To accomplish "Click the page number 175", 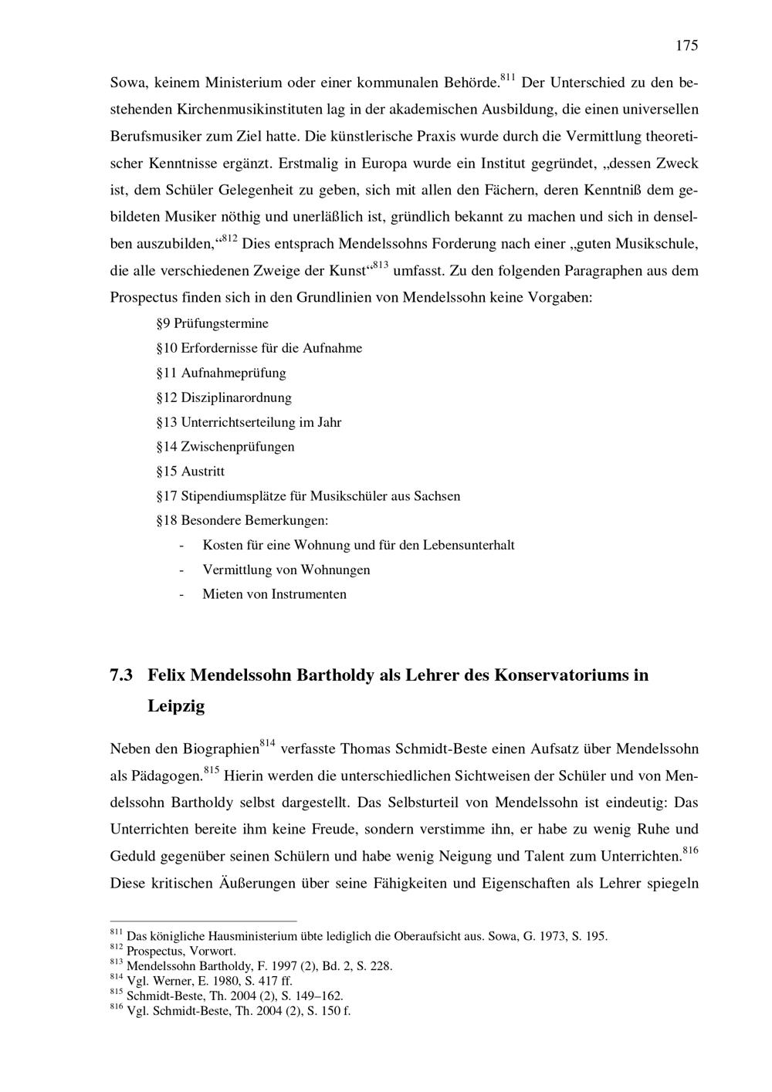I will click(686, 46).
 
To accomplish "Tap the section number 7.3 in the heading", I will click(122, 675).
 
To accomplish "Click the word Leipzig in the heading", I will click(176, 706).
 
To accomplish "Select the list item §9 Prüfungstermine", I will click(212, 323).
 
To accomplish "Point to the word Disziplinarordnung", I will click(236, 397).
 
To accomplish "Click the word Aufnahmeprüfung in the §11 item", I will click(233, 373).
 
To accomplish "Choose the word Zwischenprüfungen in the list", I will click(238, 447).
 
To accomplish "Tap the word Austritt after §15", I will click(203, 472).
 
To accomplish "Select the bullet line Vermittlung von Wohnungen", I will click(286, 570).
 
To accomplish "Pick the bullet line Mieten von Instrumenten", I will click(274, 595).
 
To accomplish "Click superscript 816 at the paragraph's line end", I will click(690, 850).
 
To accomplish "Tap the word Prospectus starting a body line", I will click(142, 297).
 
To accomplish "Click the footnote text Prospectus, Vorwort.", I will click(181, 951).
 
